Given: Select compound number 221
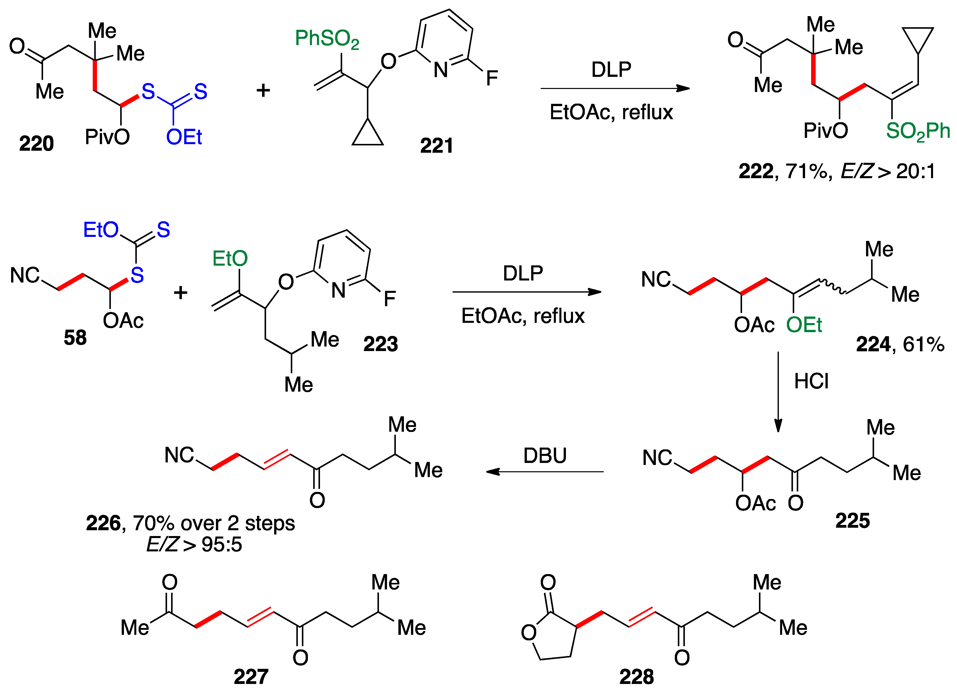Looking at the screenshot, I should [436, 146].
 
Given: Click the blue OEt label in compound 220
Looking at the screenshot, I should [184, 137].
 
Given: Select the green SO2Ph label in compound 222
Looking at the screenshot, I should [917, 131].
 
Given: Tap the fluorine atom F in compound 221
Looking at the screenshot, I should [492, 78].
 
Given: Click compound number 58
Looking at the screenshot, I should [75, 337].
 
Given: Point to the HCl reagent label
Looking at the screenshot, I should [811, 381].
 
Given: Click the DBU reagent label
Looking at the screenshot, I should [545, 456].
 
